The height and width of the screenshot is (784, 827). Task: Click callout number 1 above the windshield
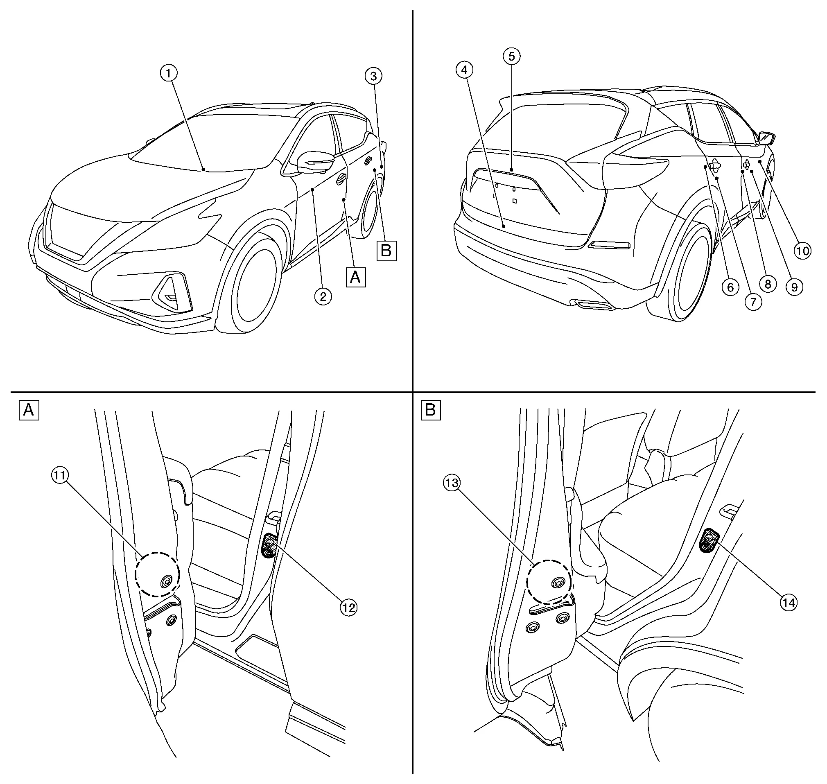coord(168,74)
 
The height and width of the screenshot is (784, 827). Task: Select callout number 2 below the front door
coord(323,297)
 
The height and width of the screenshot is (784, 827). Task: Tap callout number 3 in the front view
coord(373,76)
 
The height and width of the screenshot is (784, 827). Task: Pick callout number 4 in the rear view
coord(464,70)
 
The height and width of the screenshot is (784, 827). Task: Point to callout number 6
coord(730,287)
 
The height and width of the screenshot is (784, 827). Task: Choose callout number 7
coord(753,301)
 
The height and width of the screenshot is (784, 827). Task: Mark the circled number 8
coord(768,284)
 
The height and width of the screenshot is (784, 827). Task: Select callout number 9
coord(794,287)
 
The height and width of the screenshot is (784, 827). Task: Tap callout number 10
coord(802,251)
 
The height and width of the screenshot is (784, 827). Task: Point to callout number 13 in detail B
coord(452,483)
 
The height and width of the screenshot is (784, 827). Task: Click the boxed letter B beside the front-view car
coord(386,251)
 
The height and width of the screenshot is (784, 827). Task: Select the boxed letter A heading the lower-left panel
coord(29,410)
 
